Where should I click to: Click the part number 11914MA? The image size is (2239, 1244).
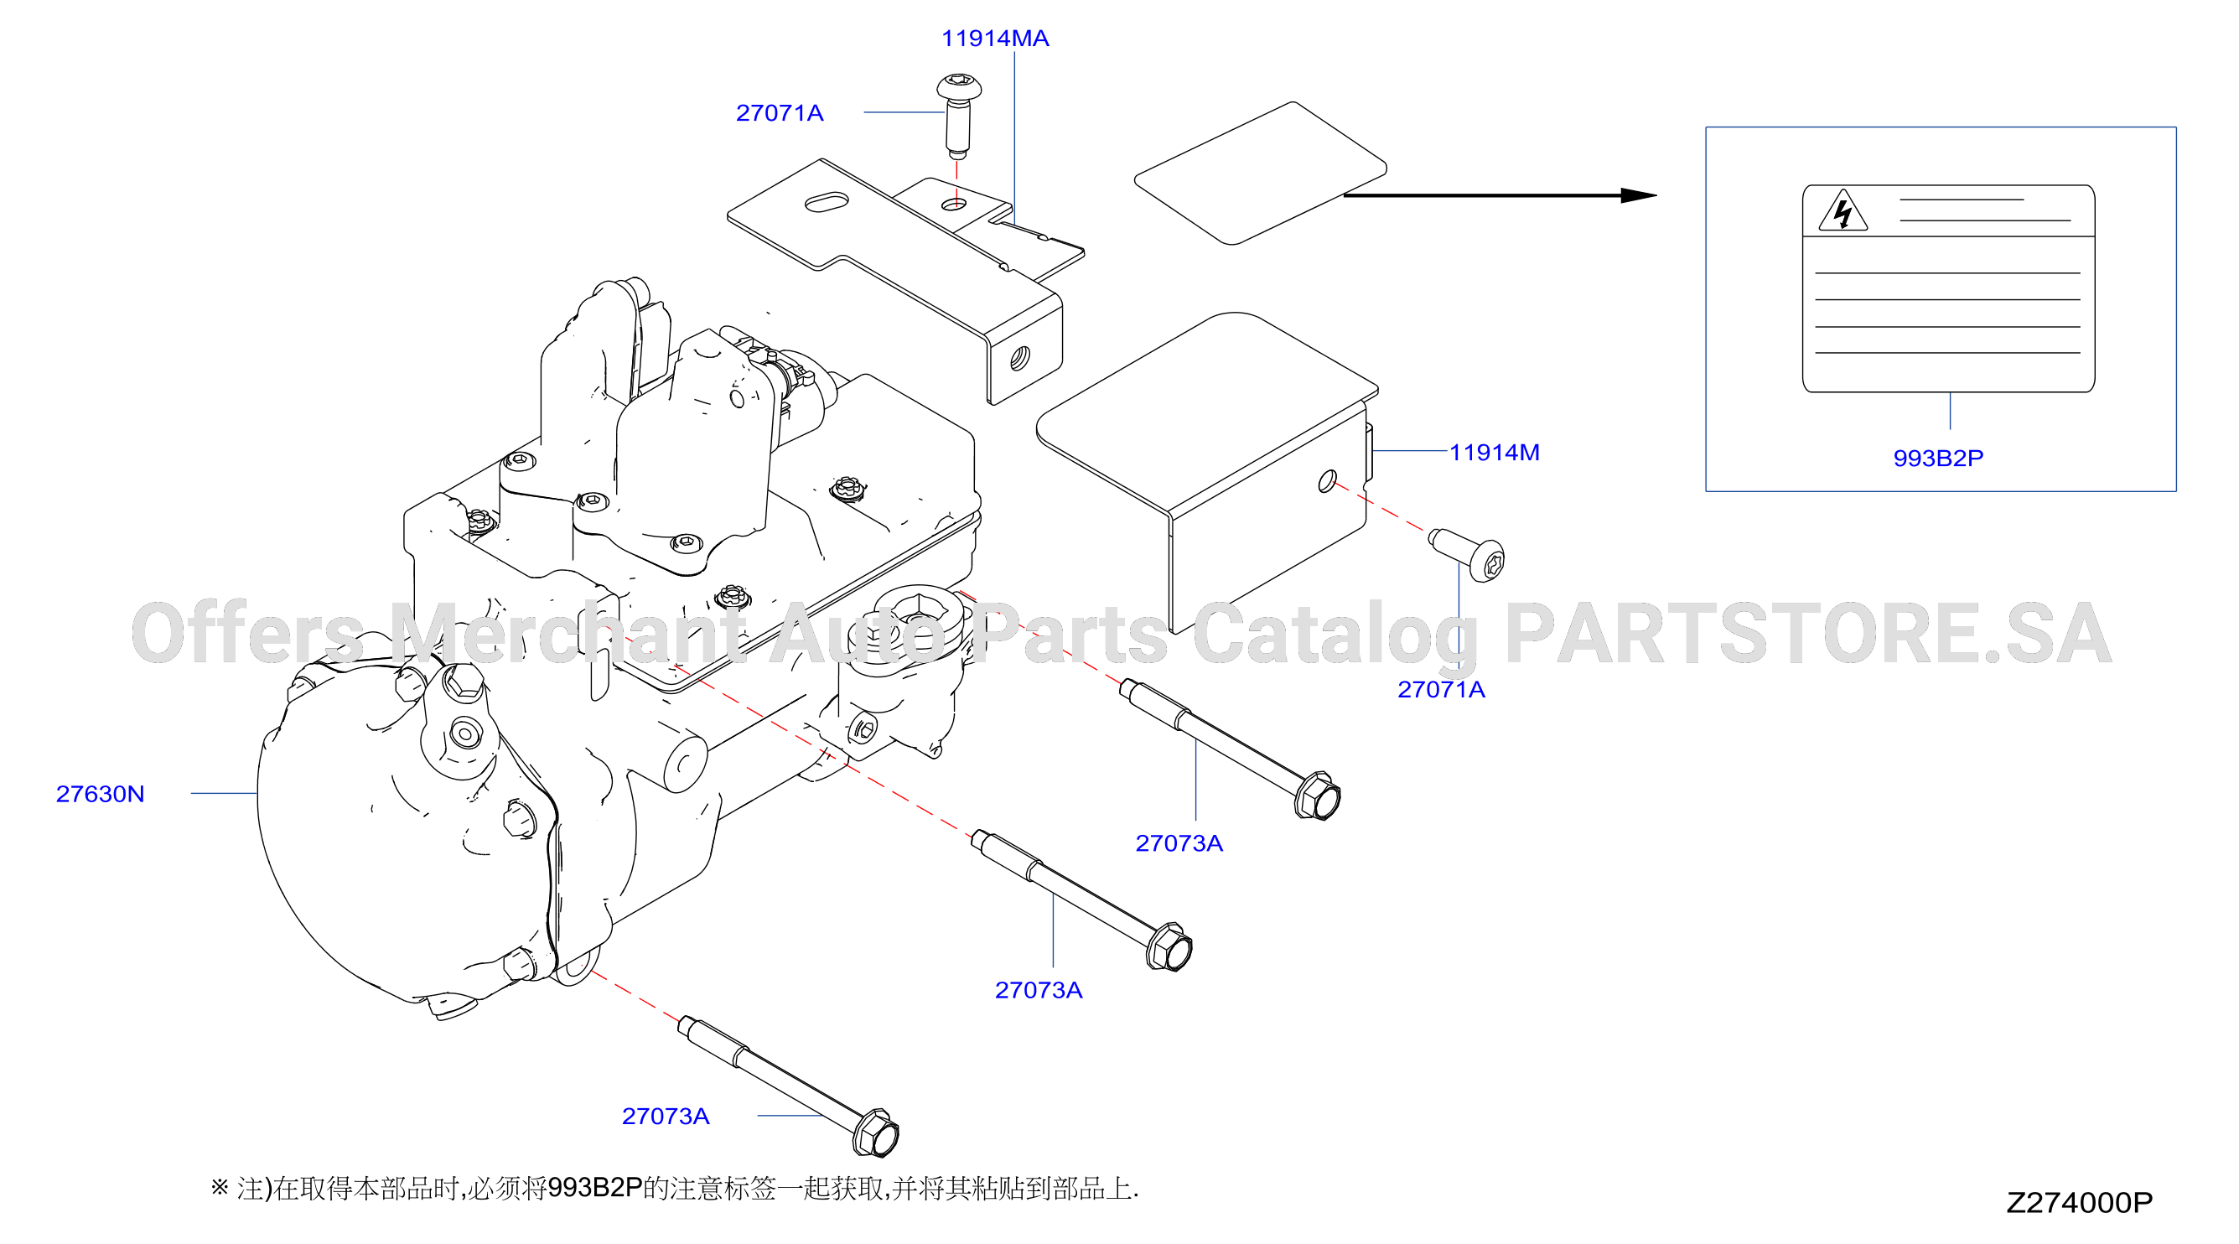point(995,39)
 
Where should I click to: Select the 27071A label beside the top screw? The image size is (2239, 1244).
point(780,113)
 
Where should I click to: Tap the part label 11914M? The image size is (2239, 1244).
point(1494,452)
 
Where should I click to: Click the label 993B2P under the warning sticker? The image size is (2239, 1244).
point(1938,459)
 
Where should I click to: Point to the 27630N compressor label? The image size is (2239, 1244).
point(100,794)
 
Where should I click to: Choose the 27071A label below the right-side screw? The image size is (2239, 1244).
point(1441,689)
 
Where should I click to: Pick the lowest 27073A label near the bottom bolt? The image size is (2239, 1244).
point(666,1117)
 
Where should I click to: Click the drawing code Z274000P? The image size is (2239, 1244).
point(2079,1202)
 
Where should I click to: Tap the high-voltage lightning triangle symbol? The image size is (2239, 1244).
point(1843,211)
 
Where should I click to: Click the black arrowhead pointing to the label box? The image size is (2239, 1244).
point(1640,195)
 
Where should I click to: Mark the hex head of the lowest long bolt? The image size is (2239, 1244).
point(876,1133)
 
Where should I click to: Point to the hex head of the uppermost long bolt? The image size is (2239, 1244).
point(1318,796)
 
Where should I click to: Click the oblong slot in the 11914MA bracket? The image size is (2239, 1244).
point(827,202)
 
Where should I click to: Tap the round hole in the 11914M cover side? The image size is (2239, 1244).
point(1327,480)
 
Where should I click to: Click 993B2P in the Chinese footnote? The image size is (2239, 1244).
point(594,1188)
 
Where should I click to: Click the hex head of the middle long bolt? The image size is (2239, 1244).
point(1170,946)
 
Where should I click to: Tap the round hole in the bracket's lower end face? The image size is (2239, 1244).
point(1019,357)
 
